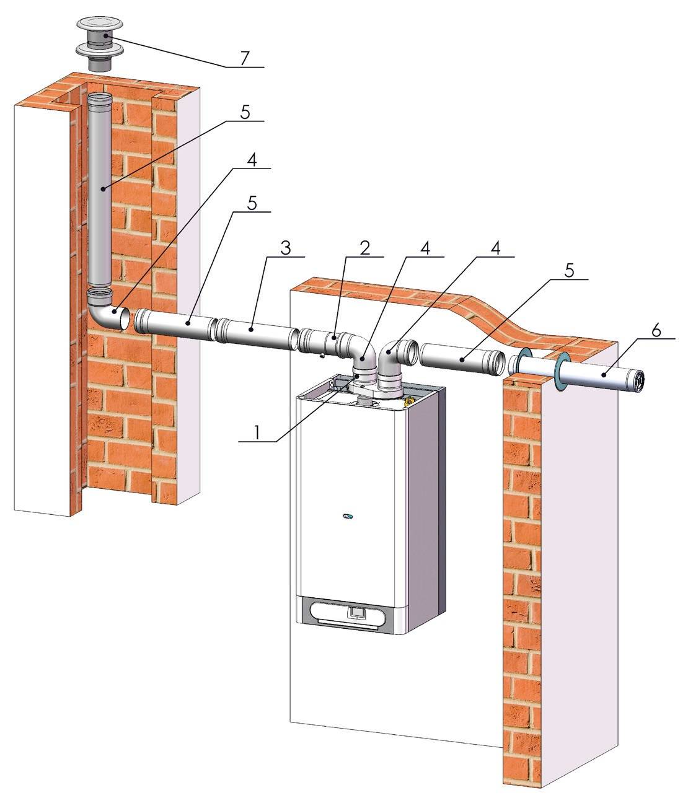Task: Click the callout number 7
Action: pyautogui.click(x=244, y=58)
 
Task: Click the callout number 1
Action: pyautogui.click(x=256, y=432)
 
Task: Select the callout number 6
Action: pyautogui.click(x=656, y=330)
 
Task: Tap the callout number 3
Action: pyautogui.click(x=285, y=248)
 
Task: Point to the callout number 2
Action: pyautogui.click(x=364, y=248)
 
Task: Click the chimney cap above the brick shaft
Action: pyautogui.click(x=100, y=43)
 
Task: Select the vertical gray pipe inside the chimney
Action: pyautogui.click(x=100, y=191)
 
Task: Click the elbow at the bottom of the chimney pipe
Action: pyautogui.click(x=108, y=309)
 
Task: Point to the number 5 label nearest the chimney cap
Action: pyautogui.click(x=245, y=113)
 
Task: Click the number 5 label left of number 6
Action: pyautogui.click(x=569, y=270)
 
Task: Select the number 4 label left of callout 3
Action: pyautogui.click(x=252, y=160)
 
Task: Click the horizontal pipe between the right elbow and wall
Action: pyautogui.click(x=462, y=359)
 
